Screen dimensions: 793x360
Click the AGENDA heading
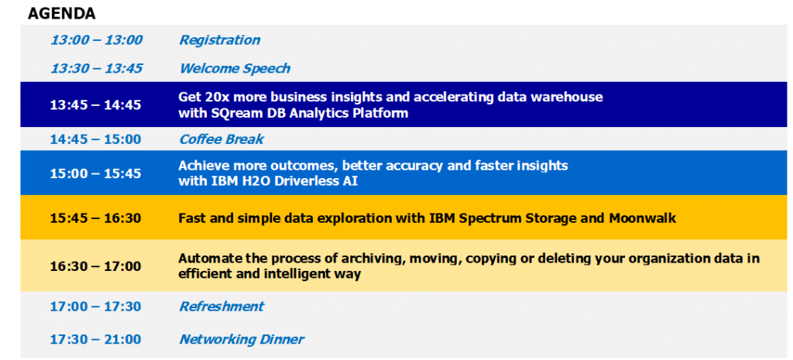pos(62,14)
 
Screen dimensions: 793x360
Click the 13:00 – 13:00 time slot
pos(97,40)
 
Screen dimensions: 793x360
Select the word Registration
pos(220,40)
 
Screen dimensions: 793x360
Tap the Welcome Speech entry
pos(235,68)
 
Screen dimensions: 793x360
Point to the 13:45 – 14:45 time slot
pos(95,105)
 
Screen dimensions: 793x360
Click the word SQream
pos(234,113)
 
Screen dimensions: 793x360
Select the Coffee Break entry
pos(221,139)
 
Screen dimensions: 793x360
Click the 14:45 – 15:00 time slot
pos(95,139)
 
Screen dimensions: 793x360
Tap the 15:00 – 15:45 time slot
pos(95,173)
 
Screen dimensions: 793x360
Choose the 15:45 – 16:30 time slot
pos(95,218)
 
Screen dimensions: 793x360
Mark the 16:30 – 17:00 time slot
pos(95,266)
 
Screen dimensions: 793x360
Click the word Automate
pos(204,258)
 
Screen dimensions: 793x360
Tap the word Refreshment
pos(222,307)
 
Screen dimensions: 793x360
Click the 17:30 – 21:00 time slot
pos(95,339)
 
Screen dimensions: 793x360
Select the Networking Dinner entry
pos(242,339)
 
